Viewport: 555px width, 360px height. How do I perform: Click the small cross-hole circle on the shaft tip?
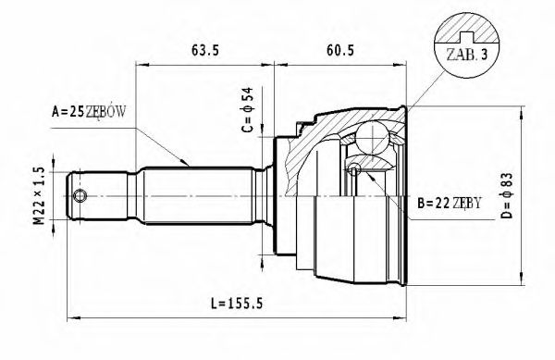coord(80,196)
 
